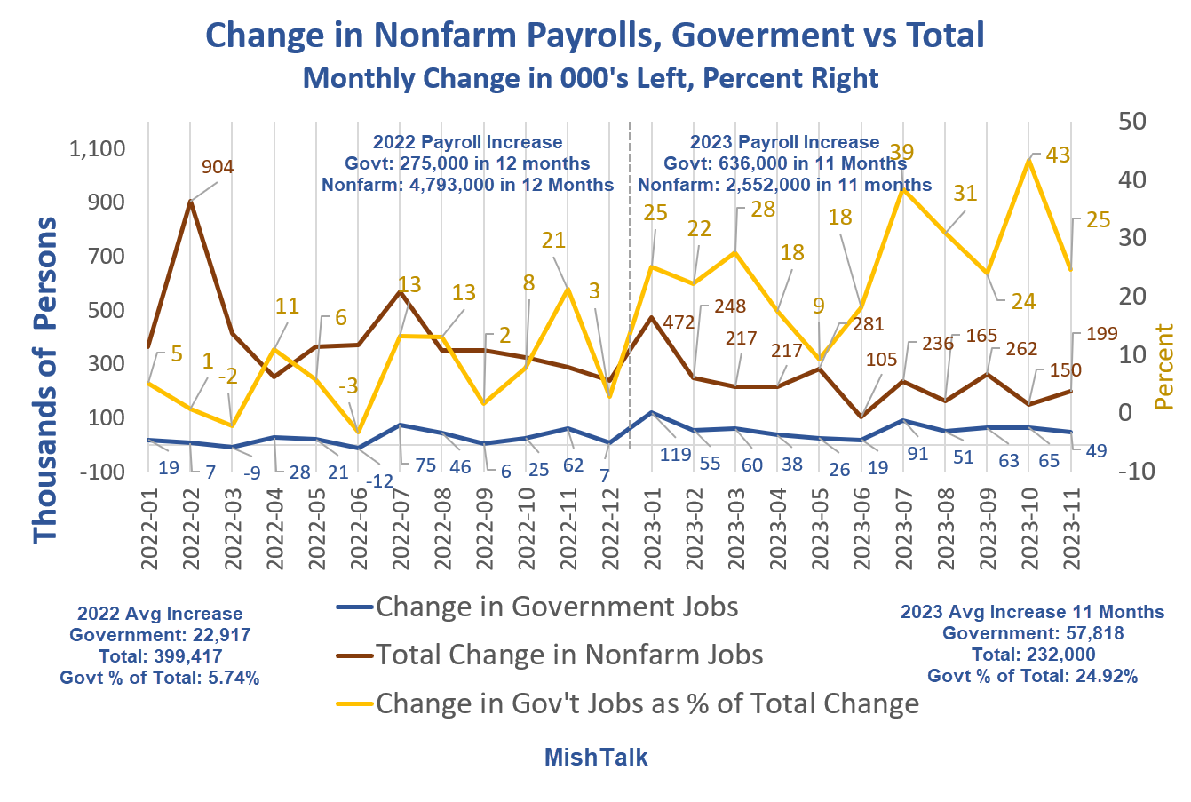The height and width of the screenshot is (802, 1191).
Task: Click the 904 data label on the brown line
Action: pos(218,166)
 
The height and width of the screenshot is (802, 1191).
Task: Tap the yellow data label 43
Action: pos(1058,155)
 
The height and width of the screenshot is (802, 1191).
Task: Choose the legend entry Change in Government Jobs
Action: pos(556,607)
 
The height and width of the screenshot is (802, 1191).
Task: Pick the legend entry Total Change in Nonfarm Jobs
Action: pos(568,655)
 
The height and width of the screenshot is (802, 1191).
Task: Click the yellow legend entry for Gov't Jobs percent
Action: pos(647,703)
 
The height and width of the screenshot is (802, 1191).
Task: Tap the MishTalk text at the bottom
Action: pos(595,758)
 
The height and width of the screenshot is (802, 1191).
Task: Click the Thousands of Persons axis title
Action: pos(44,380)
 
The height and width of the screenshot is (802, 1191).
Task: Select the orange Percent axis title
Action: pos(1164,367)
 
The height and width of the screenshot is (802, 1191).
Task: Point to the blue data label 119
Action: pos(676,456)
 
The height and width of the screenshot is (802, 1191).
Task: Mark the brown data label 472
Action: pos(679,322)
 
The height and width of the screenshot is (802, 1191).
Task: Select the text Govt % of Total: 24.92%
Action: pos(1032,676)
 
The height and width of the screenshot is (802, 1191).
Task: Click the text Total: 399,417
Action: pos(160,656)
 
